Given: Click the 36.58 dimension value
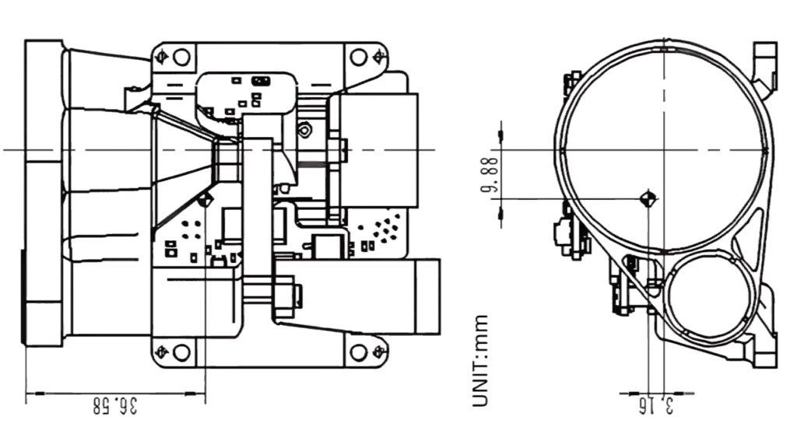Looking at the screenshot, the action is coord(115,406).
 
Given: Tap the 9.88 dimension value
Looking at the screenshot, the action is coord(490,174).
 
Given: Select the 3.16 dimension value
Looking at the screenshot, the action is coord(656,405).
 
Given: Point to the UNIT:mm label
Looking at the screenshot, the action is coord(480,361).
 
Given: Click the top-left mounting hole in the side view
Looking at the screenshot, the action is coord(181,57).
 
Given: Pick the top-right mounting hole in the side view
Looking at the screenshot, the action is coord(358,57).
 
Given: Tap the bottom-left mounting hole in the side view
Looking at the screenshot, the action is coord(181,352).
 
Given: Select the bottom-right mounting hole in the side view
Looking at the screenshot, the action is coord(358,352).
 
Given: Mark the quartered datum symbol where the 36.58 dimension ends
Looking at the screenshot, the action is coord(205,199).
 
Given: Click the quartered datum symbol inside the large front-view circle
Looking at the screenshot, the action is coord(648,198).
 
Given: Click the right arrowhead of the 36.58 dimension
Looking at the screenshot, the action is coord(195,393).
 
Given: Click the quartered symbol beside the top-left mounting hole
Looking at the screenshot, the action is coord(163,57).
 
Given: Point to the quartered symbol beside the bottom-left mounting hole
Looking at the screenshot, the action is coord(163,352).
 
